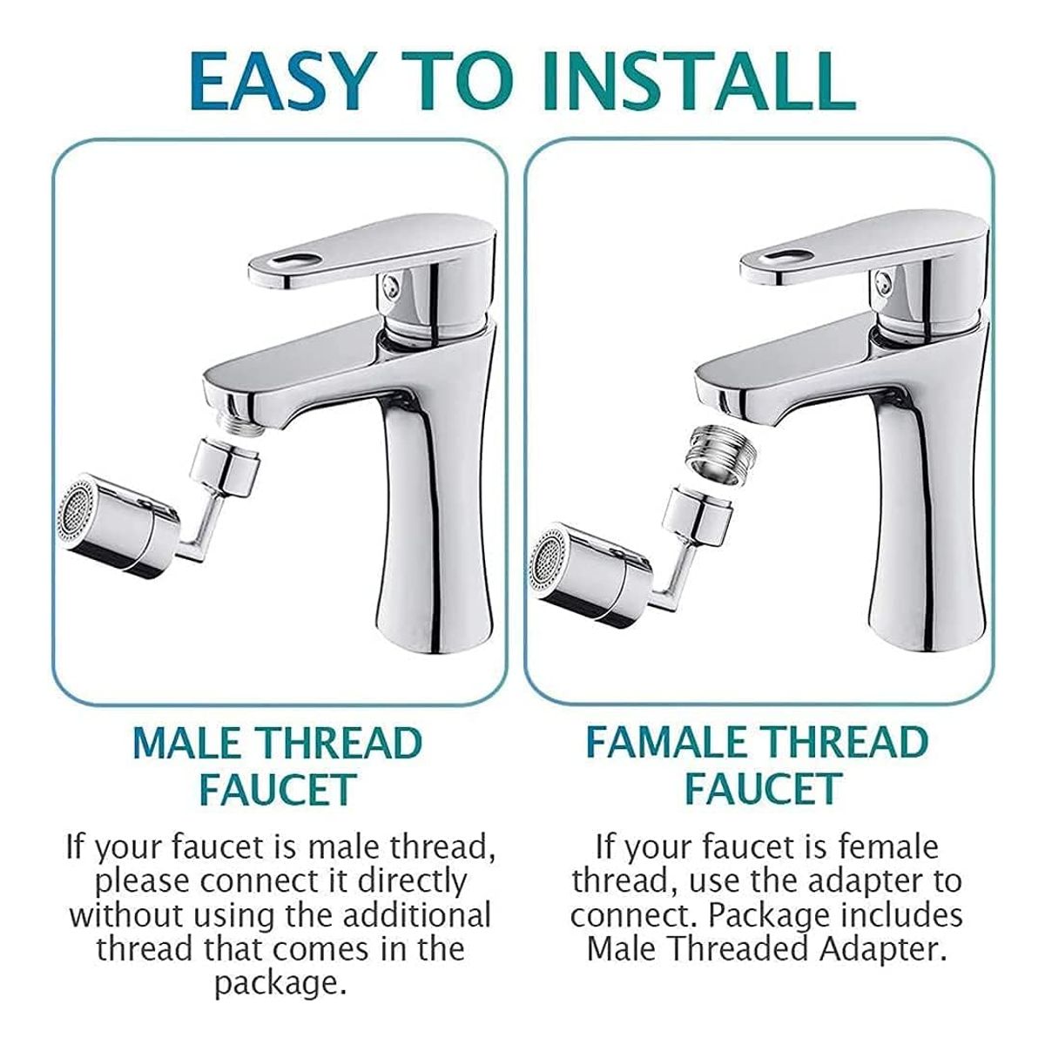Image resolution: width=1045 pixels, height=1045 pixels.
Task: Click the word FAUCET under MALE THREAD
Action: click(278, 789)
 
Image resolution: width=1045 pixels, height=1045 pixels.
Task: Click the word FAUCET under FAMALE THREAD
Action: click(762, 789)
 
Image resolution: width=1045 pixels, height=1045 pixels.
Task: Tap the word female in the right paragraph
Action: click(889, 846)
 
